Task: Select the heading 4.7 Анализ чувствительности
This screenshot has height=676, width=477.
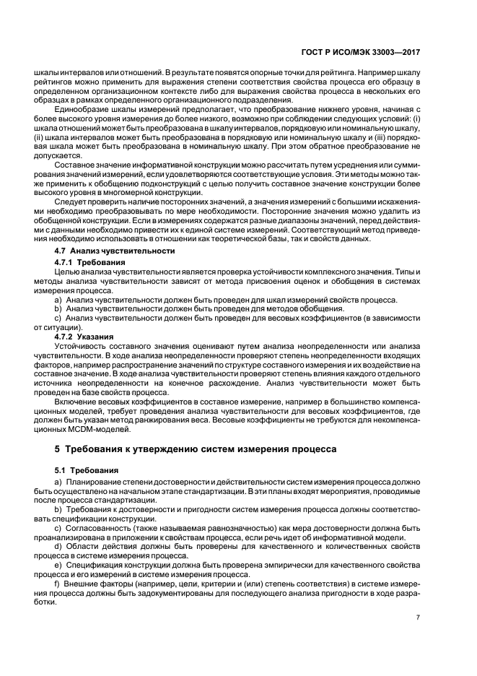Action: tap(115, 250)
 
